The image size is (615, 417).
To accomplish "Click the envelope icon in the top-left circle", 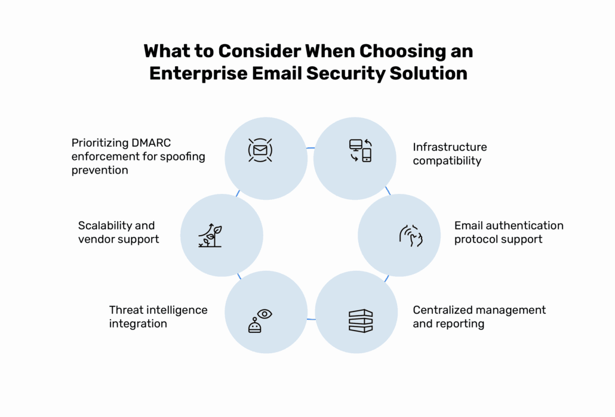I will (x=260, y=150).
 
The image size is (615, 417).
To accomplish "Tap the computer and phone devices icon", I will (x=360, y=150).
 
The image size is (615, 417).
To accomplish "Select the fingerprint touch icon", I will (x=411, y=235).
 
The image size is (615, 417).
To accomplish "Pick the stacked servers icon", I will (x=360, y=321).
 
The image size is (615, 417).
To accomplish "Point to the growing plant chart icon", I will (x=210, y=236).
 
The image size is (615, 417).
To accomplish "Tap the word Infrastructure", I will (x=450, y=147).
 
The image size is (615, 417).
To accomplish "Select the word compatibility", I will (x=447, y=160).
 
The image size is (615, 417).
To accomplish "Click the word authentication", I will (x=525, y=226).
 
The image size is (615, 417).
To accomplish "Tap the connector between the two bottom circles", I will (x=310, y=320).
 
